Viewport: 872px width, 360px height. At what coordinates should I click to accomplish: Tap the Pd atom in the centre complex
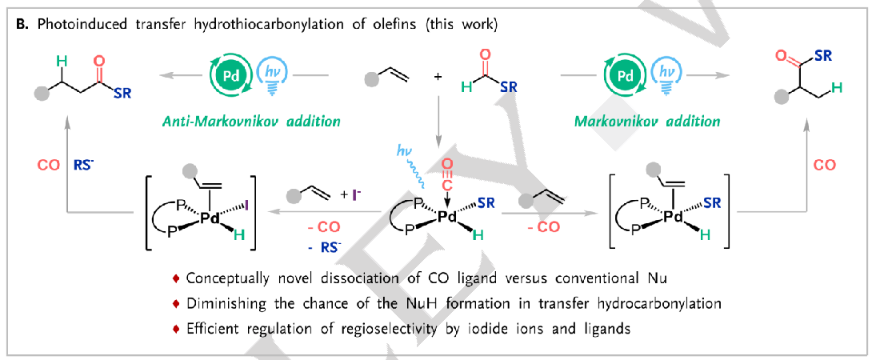tap(448, 216)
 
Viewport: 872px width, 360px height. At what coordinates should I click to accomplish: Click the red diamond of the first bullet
tap(177, 278)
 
